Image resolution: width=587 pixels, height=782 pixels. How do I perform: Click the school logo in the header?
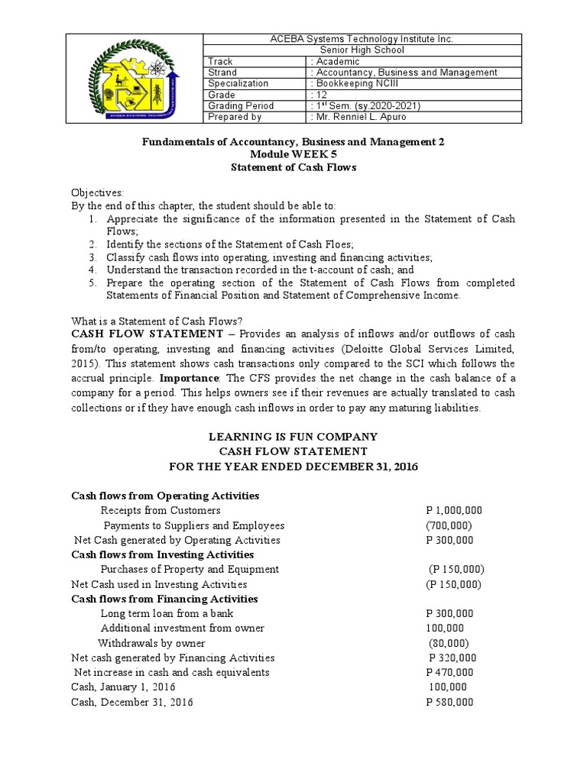[135, 78]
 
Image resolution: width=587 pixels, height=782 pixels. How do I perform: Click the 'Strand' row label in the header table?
[222, 73]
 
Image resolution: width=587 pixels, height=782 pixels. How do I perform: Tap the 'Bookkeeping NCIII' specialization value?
[358, 83]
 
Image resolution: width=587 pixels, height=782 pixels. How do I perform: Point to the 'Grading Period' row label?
[241, 105]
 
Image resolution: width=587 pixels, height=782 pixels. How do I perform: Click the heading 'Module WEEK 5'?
[293, 154]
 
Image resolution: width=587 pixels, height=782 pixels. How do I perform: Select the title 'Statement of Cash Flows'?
[293, 166]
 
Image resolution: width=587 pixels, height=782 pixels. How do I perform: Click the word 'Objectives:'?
[97, 193]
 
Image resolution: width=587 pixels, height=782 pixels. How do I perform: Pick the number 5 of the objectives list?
[91, 283]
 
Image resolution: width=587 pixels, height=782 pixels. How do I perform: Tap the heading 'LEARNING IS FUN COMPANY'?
[293, 437]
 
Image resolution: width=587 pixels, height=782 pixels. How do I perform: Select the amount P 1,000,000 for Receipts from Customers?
[454, 510]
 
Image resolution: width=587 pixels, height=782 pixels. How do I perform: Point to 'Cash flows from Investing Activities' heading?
[162, 554]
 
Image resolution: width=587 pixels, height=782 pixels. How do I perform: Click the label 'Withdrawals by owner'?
[151, 643]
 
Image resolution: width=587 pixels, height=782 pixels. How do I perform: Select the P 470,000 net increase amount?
[449, 673]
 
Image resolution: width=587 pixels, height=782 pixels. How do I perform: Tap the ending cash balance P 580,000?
[449, 702]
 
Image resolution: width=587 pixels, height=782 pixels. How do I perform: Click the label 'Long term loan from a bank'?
[167, 613]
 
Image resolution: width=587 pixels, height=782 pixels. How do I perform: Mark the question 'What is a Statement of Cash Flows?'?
[156, 321]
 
